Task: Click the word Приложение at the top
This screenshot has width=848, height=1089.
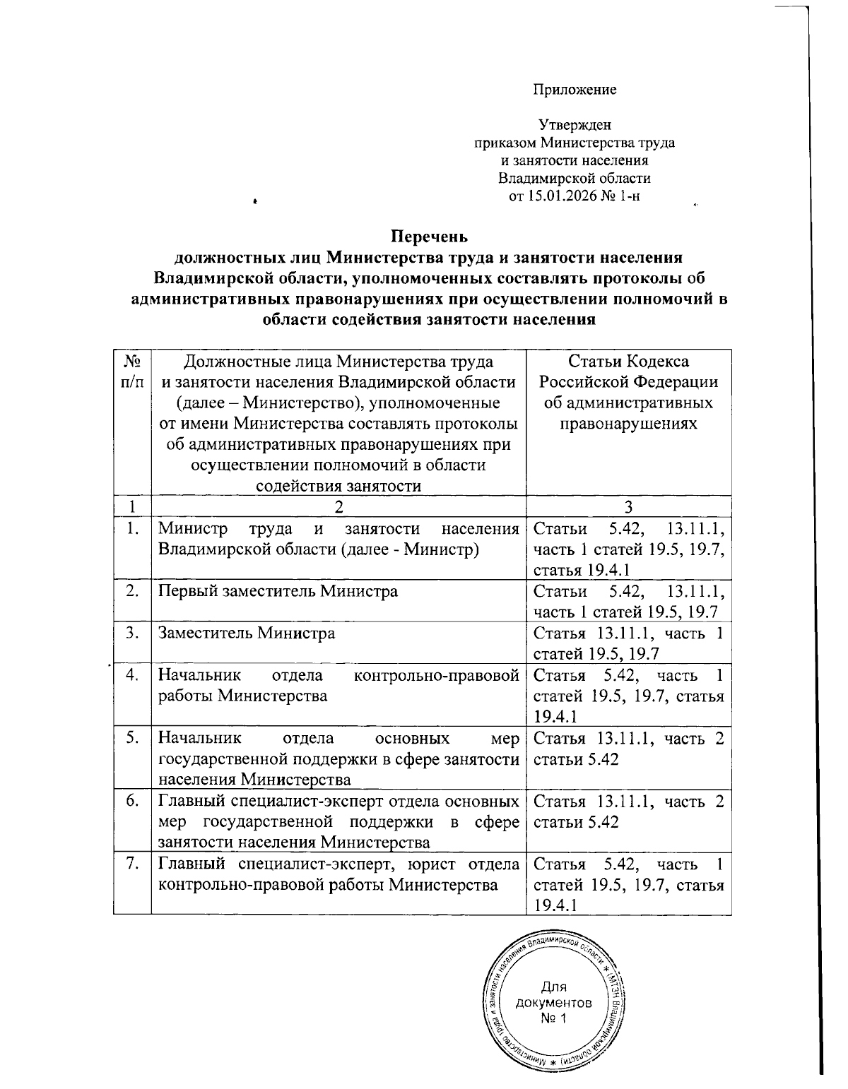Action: pyautogui.click(x=574, y=90)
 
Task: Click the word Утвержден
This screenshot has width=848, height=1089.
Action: pyautogui.click(x=574, y=125)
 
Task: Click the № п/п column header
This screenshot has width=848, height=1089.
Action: pyautogui.click(x=131, y=371)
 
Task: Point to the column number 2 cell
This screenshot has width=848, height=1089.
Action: pyautogui.click(x=338, y=506)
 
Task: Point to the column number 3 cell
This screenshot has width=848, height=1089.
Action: pyautogui.click(x=628, y=506)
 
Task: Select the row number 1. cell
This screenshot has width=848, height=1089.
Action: pyautogui.click(x=131, y=530)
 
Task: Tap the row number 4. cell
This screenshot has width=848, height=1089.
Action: pyautogui.click(x=131, y=674)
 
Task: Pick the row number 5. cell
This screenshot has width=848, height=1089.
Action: pyautogui.click(x=131, y=739)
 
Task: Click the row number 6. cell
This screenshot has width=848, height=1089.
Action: pyautogui.click(x=131, y=802)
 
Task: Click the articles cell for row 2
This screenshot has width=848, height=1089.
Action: pyautogui.click(x=628, y=601)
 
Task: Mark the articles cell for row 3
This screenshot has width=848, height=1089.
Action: pyautogui.click(x=628, y=643)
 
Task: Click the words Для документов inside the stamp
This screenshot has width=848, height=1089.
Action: pyautogui.click(x=554, y=994)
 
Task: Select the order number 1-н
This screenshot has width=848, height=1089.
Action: pyautogui.click(x=628, y=196)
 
